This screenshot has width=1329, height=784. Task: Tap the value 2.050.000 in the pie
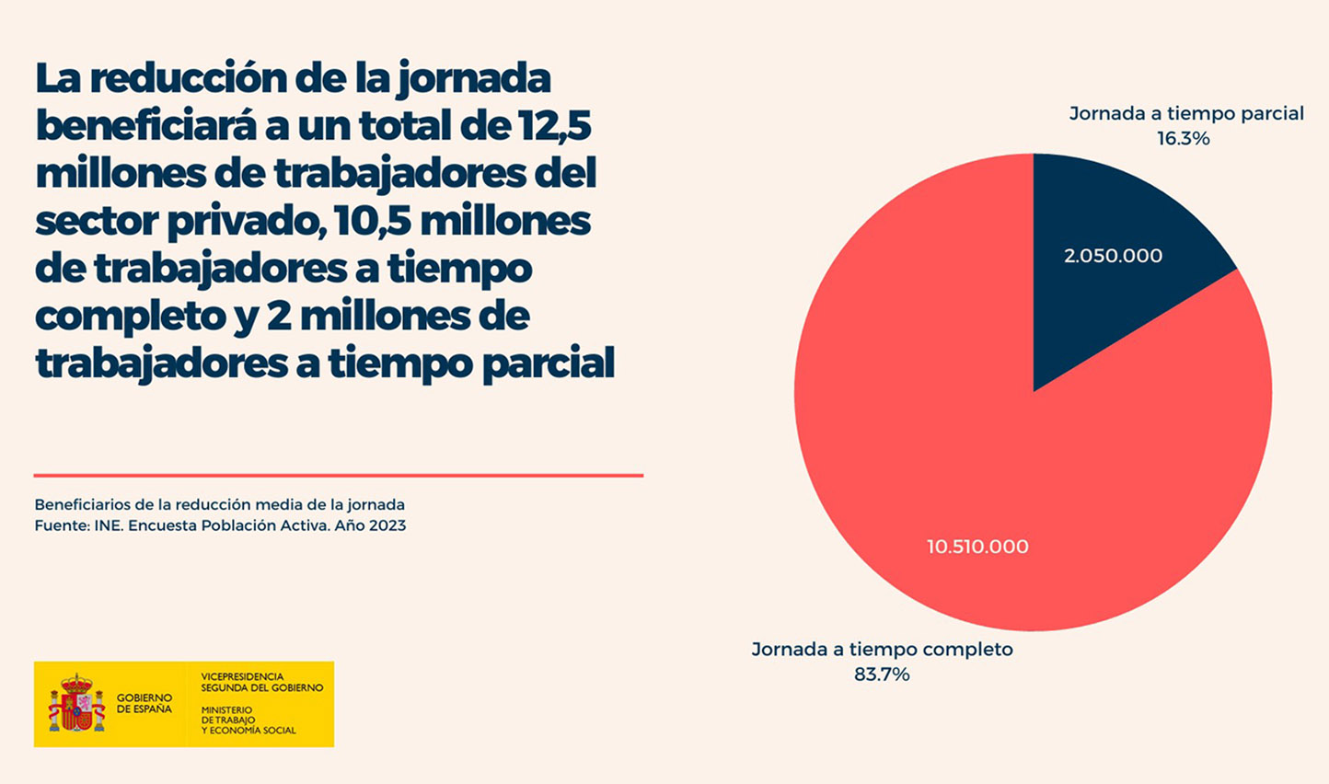(1113, 256)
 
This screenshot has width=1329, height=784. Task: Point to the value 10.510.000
(977, 547)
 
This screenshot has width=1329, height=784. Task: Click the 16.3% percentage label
(1183, 139)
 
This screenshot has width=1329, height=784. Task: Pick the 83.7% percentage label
(882, 674)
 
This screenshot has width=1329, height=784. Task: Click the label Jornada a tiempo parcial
(1185, 114)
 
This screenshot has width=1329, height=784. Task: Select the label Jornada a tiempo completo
(882, 650)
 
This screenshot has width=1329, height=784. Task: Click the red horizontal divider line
(338, 476)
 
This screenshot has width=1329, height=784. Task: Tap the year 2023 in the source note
(387, 526)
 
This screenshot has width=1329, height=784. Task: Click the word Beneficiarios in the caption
(78, 505)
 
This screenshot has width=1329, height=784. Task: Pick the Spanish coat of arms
(76, 703)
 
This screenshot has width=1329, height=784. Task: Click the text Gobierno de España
(144, 704)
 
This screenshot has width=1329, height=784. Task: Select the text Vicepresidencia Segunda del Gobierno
(261, 682)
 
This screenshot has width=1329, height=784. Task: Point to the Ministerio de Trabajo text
(248, 721)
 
